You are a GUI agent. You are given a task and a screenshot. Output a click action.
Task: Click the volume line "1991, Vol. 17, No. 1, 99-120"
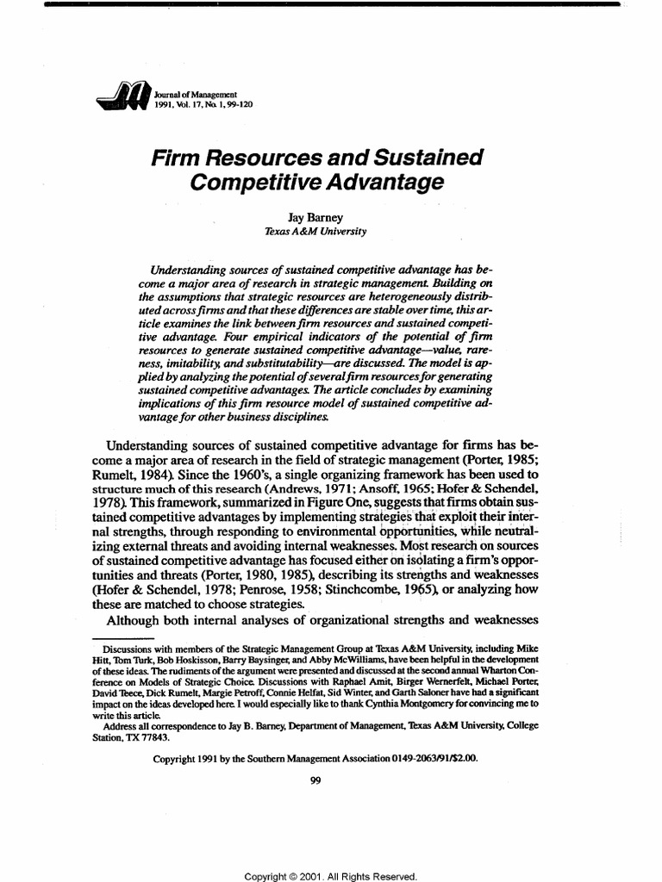(x=203, y=104)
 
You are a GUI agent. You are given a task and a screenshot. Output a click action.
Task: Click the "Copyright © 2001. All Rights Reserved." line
(x=331, y=875)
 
